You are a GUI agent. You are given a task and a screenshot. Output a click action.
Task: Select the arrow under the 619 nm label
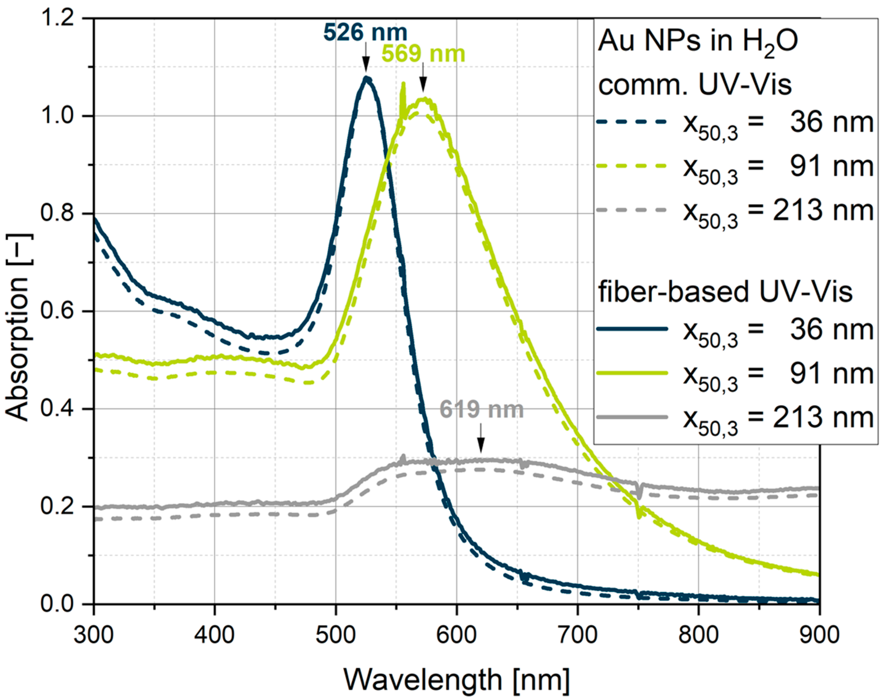pos(481,438)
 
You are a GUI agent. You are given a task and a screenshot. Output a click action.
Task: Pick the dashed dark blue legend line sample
pos(632,122)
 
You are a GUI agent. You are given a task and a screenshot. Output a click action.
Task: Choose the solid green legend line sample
pos(632,373)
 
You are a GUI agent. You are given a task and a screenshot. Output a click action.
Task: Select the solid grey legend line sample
pos(632,417)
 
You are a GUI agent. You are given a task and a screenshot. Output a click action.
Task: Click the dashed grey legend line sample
pos(632,210)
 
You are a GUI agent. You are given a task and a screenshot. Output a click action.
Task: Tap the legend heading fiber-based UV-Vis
pos(725,291)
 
